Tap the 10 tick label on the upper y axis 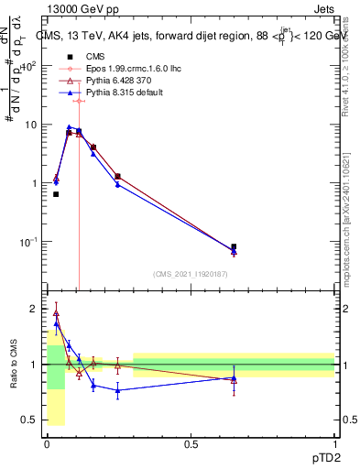pos(33,124)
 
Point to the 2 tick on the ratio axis pos(37,309)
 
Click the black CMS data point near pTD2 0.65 pos(234,247)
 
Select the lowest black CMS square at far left pos(56,194)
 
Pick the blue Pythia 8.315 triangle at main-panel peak pos(70,127)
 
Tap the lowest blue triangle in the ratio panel pos(117,390)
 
